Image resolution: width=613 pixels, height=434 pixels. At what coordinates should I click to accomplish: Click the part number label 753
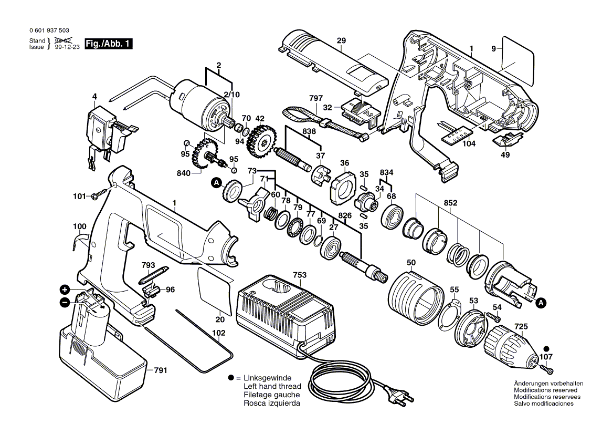(300, 275)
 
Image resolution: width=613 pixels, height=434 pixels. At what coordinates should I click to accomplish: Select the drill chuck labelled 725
(511, 344)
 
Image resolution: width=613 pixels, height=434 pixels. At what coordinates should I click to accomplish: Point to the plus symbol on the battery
(64, 290)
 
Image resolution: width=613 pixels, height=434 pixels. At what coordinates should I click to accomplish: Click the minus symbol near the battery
(64, 302)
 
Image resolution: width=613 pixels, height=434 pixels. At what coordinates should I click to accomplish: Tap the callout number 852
(450, 202)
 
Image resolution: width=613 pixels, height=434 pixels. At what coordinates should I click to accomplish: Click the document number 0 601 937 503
(49, 32)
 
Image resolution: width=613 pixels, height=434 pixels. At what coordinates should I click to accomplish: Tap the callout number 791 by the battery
(161, 371)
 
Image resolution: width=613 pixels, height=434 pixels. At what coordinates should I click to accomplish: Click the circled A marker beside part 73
(216, 183)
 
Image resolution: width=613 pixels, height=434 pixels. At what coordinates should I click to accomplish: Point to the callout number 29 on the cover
(341, 40)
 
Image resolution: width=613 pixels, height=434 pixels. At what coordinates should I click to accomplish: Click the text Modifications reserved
(545, 390)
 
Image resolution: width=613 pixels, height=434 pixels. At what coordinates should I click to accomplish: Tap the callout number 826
(344, 216)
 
